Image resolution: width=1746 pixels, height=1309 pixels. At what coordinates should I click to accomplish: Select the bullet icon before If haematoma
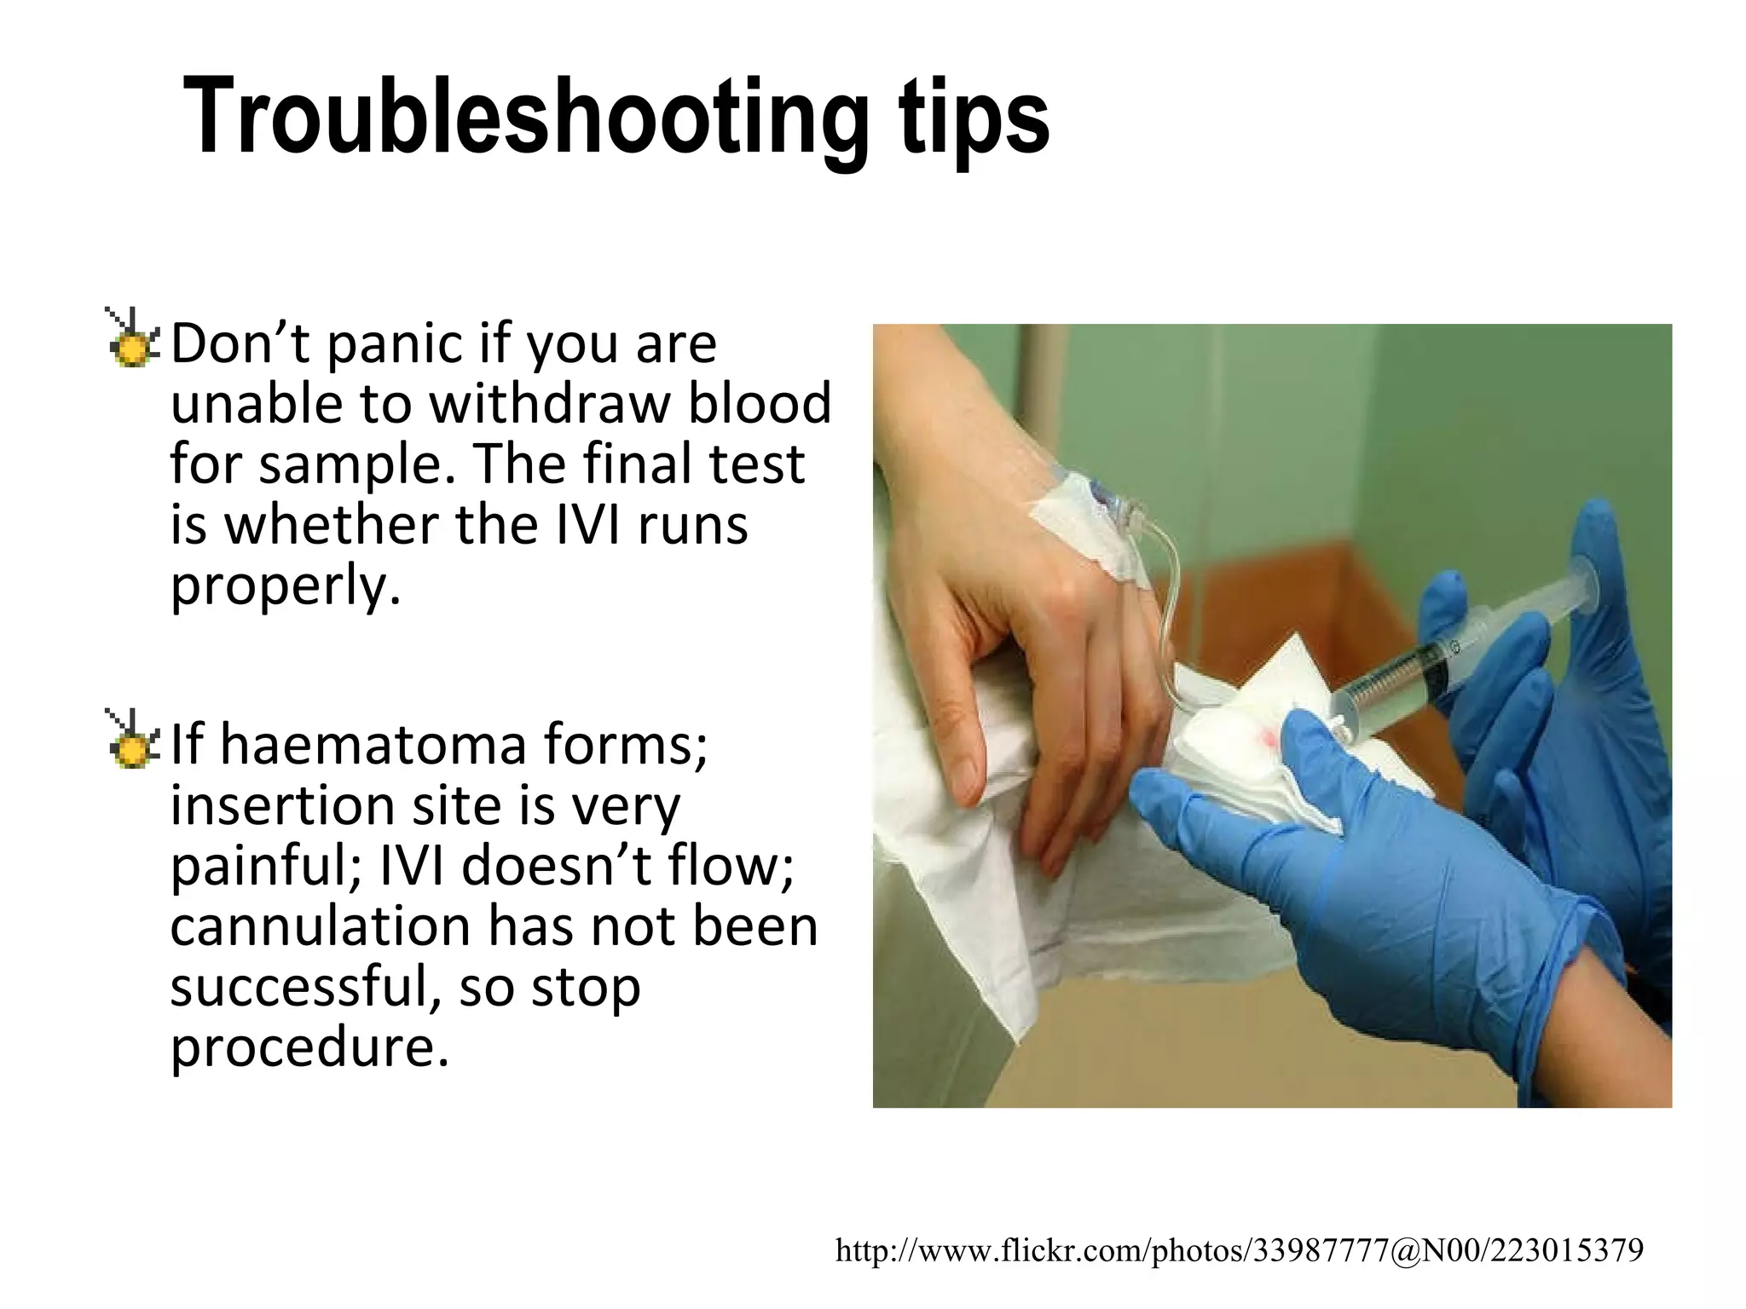click(x=131, y=741)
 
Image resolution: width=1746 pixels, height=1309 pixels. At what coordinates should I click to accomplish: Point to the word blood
click(x=759, y=403)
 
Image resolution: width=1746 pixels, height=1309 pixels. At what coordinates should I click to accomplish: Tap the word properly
click(x=285, y=586)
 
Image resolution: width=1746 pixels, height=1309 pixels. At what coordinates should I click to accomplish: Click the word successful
click(x=307, y=987)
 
